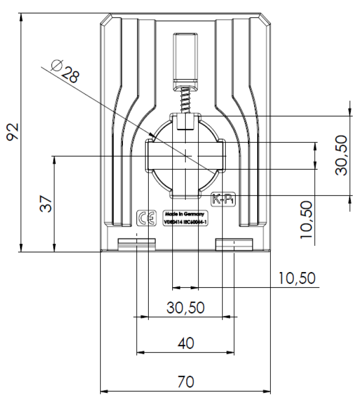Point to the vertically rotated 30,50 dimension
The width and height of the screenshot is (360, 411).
[x=341, y=155]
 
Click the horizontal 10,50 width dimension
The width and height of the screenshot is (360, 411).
[x=297, y=278]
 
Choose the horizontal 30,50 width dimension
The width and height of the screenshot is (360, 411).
[x=185, y=308]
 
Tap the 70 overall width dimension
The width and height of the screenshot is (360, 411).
[x=185, y=381]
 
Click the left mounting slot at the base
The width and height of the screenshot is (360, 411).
[x=137, y=243]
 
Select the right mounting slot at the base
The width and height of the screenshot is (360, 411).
[x=234, y=243]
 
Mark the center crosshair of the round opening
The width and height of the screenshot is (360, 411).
[x=186, y=156]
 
